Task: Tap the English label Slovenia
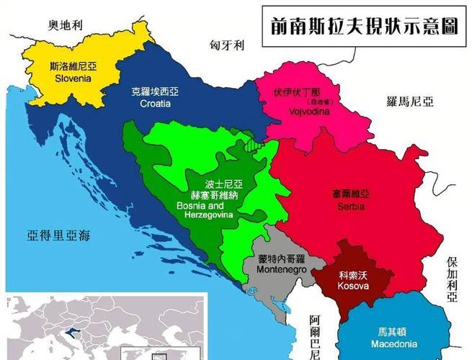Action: click(x=71, y=78)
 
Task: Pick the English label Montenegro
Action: click(x=281, y=269)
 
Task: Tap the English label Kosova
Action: click(x=354, y=286)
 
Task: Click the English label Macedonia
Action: click(x=393, y=344)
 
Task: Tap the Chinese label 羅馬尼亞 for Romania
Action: click(x=410, y=102)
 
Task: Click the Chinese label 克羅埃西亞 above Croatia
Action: click(x=156, y=92)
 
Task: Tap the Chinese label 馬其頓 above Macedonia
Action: click(x=392, y=333)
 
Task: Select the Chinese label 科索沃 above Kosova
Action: click(x=354, y=274)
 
